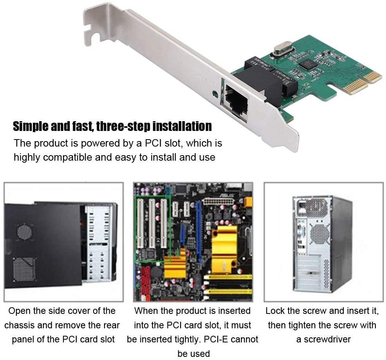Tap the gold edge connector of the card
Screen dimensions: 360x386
pyautogui.click(x=363, y=82)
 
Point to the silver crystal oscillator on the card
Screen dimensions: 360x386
pyautogui.click(x=283, y=49)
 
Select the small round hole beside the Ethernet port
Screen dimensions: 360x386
pyautogui.click(x=215, y=94)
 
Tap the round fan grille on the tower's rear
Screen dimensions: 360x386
pyautogui.click(x=320, y=234)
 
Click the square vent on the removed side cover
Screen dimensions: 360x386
pyautogui.click(x=24, y=269)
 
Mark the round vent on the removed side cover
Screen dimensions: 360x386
pyautogui.click(x=24, y=232)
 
